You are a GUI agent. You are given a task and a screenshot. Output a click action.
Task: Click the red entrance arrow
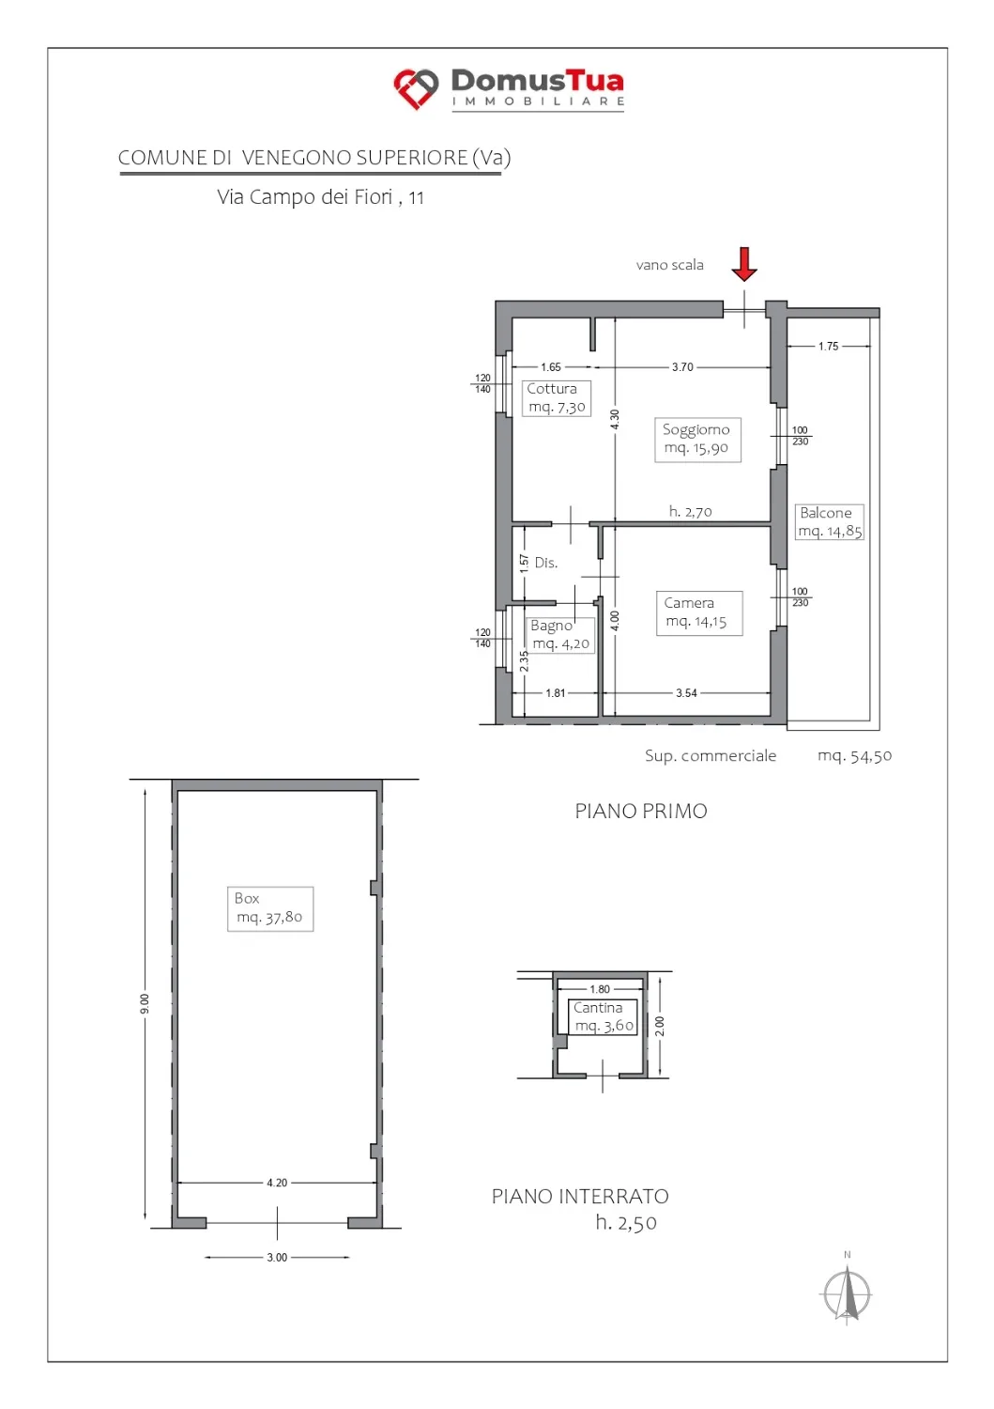[743, 264]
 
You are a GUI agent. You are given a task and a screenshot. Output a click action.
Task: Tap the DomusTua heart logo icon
[416, 88]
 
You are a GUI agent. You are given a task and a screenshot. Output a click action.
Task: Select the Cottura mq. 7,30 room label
[557, 397]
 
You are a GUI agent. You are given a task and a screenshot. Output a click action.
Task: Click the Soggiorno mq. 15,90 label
[697, 439]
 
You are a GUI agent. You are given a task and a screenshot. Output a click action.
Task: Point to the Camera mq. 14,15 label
[699, 612]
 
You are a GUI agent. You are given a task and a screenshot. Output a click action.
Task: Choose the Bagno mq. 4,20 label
[560, 634]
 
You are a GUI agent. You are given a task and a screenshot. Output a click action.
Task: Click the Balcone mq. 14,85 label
[830, 521]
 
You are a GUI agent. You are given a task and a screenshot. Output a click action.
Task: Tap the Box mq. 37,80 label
[269, 908]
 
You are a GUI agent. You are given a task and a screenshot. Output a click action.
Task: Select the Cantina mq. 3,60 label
[603, 1016]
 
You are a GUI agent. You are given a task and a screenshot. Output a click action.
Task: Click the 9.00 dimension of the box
[145, 1003]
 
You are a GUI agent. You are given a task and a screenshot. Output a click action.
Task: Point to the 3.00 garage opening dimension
[277, 1258]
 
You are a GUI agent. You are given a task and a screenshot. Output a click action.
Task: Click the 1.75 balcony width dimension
[829, 346]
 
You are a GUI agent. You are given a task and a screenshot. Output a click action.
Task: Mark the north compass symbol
[847, 1290]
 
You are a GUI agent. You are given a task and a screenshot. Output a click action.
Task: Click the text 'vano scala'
[669, 265]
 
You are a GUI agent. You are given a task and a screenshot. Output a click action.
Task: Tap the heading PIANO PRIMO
[641, 811]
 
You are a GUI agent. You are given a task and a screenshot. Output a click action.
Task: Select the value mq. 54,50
[854, 755]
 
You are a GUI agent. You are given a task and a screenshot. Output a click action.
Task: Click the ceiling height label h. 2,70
[690, 511]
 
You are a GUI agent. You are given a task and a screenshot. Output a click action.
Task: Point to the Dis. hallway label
[545, 563]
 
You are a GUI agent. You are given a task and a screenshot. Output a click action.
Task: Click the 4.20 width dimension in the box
[277, 1183]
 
